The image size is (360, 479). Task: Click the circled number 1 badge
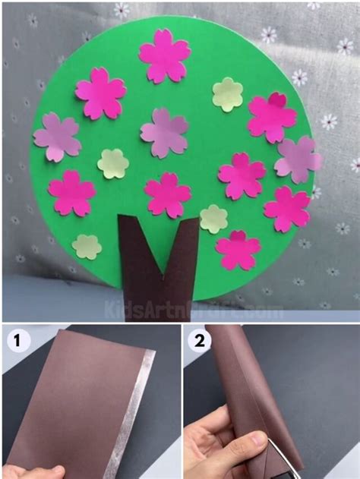(14, 341)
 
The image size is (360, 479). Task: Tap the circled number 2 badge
(198, 341)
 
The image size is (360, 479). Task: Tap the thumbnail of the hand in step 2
(228, 448)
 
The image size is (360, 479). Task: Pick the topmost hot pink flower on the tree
(164, 56)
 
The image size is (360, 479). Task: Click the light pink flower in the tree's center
(164, 132)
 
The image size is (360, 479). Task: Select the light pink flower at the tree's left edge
(57, 137)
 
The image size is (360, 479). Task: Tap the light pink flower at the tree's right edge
(298, 159)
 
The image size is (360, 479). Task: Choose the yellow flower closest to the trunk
(213, 219)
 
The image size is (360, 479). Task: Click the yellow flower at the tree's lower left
(87, 246)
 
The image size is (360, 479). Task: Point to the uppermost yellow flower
(227, 94)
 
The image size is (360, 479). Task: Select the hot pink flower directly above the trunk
(167, 195)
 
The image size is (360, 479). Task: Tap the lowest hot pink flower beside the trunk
(238, 251)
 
